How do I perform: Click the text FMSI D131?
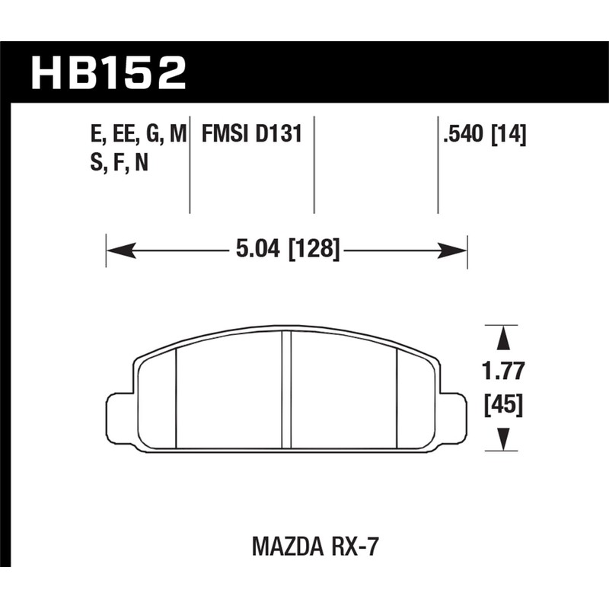tap(252, 136)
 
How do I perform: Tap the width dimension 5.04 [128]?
tap(286, 248)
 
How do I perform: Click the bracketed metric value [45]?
tap(502, 406)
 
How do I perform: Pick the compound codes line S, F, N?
tap(118, 163)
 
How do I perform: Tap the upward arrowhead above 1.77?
tap(502, 338)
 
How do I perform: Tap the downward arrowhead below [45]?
tap(502, 438)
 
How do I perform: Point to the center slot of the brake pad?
tap(286, 390)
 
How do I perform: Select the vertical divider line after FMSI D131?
tap(314, 164)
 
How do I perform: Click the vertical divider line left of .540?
tap(438, 164)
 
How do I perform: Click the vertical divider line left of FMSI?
tap(190, 164)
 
